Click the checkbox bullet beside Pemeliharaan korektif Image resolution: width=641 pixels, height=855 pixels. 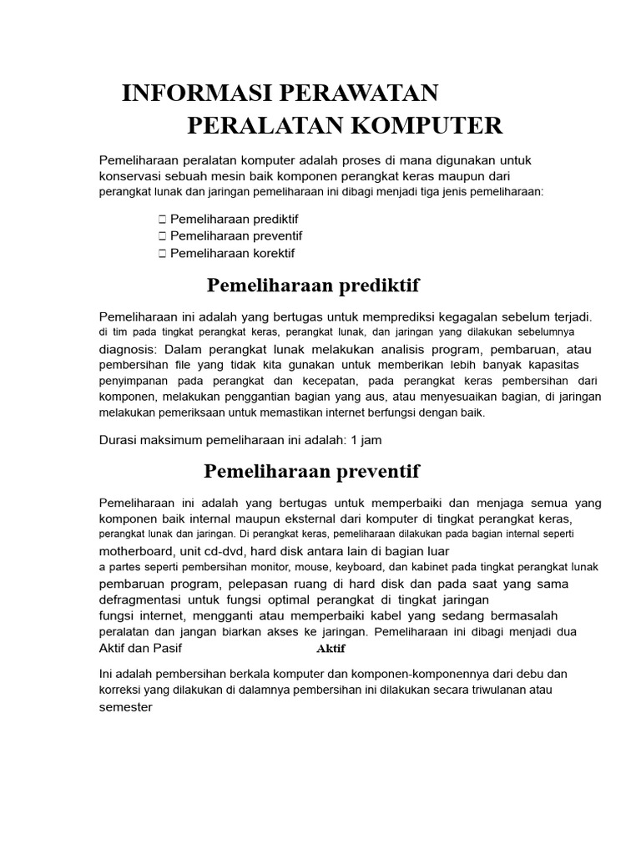click(162, 253)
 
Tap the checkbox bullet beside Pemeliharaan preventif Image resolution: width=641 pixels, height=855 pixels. click(162, 236)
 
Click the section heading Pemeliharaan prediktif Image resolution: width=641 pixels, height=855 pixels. click(312, 286)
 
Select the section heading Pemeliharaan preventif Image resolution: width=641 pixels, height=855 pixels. click(312, 472)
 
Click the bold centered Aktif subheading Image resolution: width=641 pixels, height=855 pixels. click(331, 649)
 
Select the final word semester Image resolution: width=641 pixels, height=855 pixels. click(126, 706)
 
